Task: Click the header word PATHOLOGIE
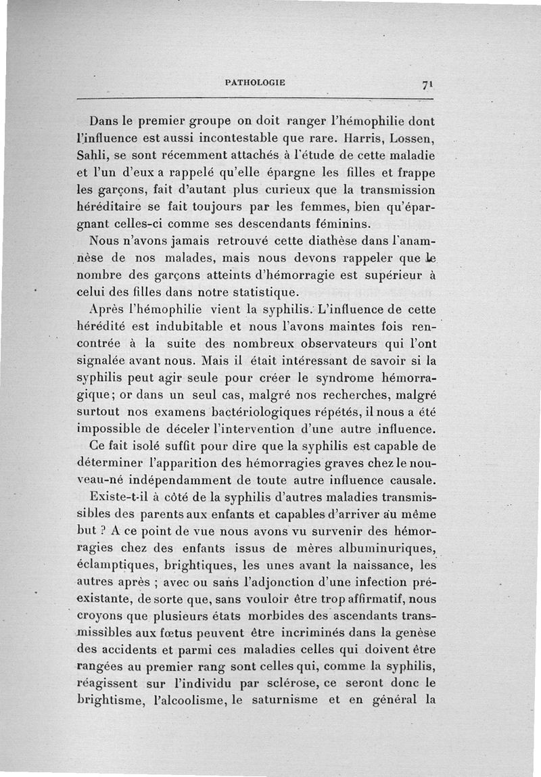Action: (254, 83)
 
